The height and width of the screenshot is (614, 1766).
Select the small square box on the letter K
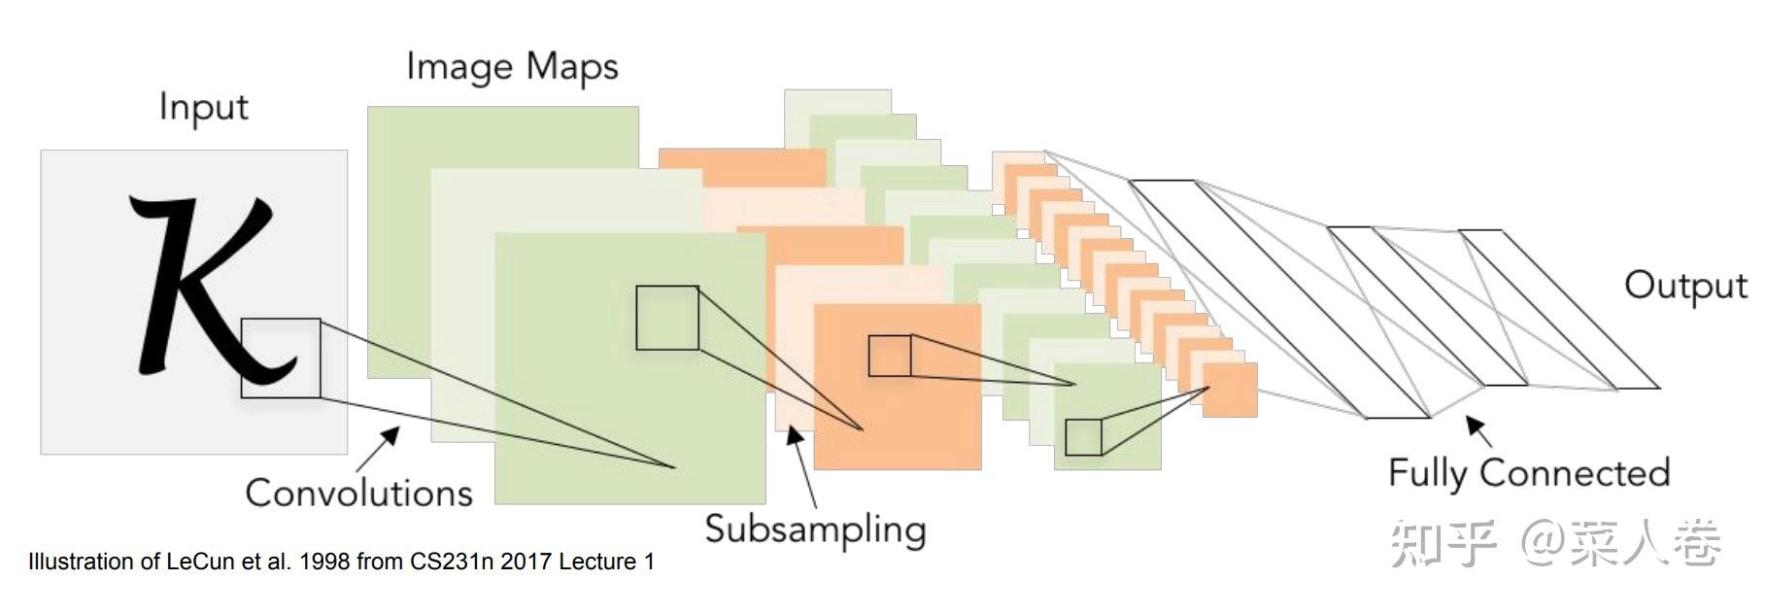tap(281, 358)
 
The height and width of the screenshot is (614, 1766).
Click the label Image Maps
tap(512, 67)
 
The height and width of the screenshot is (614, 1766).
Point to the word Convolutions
tap(358, 493)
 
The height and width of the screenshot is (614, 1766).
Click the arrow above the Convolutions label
tap(380, 446)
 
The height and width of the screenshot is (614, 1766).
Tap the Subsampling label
tap(814, 530)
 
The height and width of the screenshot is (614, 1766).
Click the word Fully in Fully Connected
tap(1427, 473)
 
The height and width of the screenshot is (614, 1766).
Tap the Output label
tap(1685, 286)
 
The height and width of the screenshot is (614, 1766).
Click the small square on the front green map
tap(667, 318)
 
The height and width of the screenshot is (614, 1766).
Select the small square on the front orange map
tap(889, 356)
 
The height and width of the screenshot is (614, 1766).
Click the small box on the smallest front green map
tap(1083, 437)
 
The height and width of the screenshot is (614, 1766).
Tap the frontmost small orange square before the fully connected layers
tap(1230, 390)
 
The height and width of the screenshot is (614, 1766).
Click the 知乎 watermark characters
tap(1443, 542)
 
